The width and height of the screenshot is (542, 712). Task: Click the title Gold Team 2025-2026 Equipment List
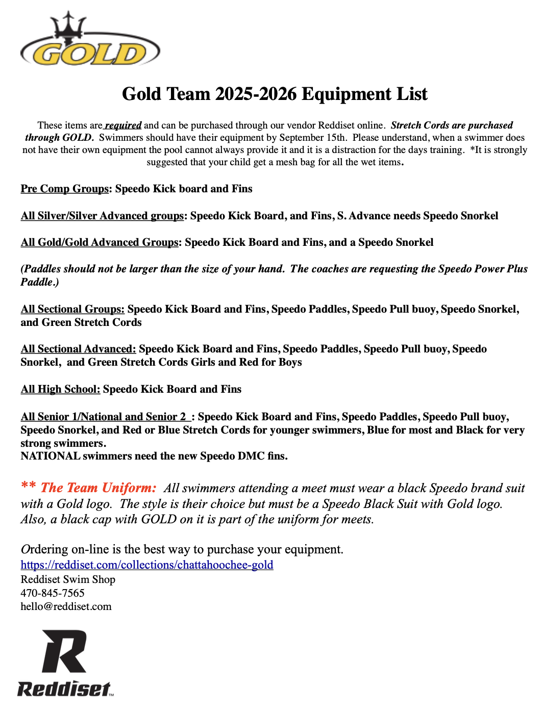275,94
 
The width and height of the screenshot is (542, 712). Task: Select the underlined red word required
123,125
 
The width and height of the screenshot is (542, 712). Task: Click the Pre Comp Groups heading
65,189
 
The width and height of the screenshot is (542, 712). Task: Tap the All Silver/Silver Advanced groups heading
102,216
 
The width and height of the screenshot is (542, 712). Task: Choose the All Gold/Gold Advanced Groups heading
100,242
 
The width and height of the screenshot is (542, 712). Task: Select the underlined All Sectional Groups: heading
72,309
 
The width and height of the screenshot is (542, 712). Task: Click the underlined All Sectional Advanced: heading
78,349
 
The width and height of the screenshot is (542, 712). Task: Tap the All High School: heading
60,389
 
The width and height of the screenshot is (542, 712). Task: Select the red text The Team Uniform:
98,488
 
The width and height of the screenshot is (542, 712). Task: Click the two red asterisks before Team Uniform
28,486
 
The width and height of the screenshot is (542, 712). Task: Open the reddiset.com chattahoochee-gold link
147,565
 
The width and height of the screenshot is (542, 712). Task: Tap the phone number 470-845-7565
53,593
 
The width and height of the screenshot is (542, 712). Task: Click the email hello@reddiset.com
66,606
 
